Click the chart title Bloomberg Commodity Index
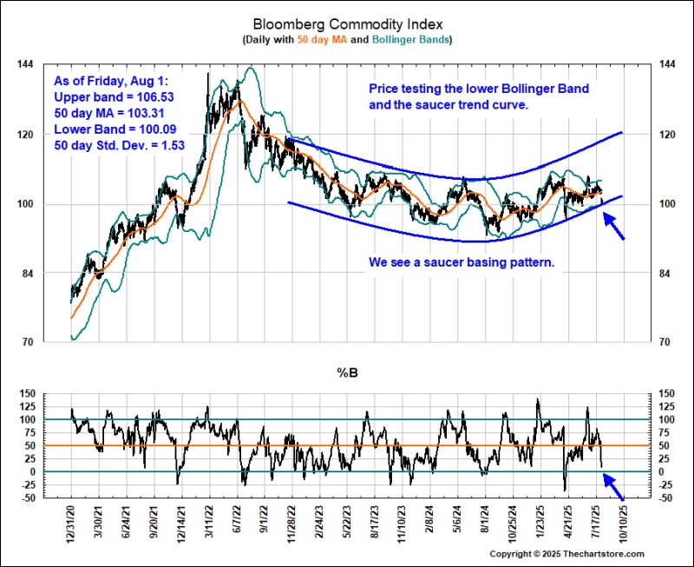tap(346, 24)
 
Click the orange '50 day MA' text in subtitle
tap(326, 40)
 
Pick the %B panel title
tap(346, 373)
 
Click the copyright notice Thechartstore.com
tap(566, 554)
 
